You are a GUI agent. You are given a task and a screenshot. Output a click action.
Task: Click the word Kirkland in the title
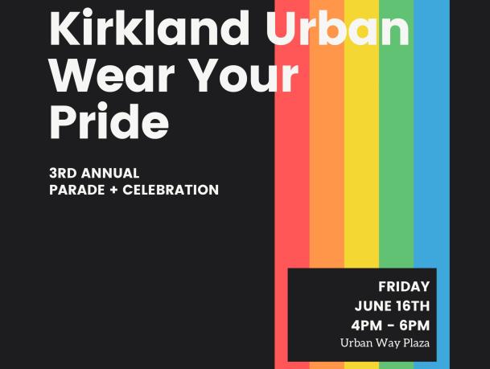(150, 27)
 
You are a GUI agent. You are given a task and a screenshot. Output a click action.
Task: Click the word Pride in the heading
(109, 121)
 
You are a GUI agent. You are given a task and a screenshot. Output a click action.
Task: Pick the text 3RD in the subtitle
(63, 174)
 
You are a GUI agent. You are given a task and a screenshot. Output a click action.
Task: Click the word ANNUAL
(110, 174)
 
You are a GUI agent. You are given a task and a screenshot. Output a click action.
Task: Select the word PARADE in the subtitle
(77, 190)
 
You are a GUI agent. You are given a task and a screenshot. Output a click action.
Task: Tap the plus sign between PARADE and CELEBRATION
(113, 190)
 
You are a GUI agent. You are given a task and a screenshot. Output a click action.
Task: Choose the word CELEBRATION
(171, 190)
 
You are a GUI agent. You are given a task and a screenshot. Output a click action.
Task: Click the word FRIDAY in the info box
(404, 286)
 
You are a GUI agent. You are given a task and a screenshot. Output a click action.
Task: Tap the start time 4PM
(367, 326)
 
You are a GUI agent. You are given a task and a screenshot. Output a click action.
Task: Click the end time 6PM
(414, 326)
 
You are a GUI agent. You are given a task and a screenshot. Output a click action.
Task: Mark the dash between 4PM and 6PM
(390, 326)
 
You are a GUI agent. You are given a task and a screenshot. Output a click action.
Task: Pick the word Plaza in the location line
(416, 342)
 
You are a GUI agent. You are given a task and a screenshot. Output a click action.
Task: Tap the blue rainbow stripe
(431, 156)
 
